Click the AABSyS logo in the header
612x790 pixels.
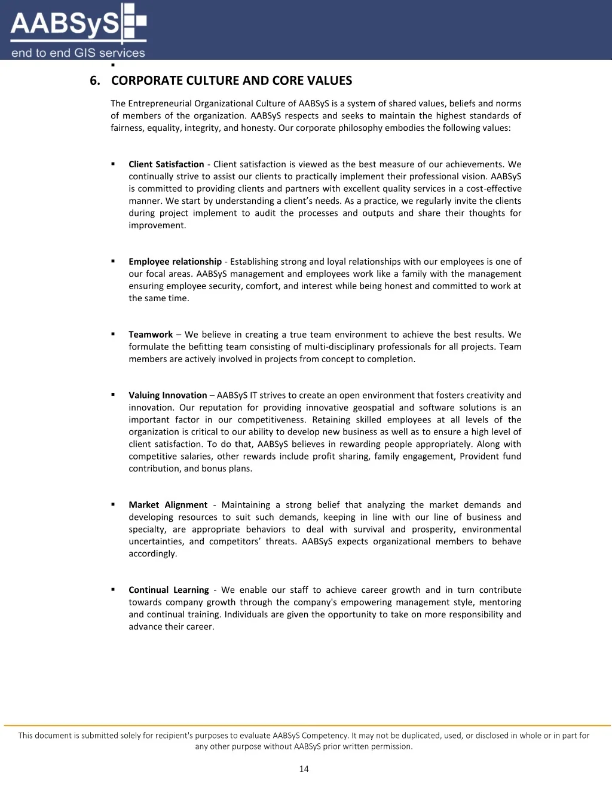tap(78, 30)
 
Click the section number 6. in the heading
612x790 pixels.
tap(95, 81)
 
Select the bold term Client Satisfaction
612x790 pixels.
tap(166, 164)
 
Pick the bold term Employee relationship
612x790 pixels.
tap(175, 262)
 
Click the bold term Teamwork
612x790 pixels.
tap(151, 335)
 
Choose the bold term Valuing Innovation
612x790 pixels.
tap(168, 395)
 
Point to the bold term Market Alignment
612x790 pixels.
tap(168, 505)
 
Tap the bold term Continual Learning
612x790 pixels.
tap(169, 590)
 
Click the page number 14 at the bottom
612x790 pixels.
tap(304, 769)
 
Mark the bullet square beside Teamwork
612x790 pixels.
tap(113, 334)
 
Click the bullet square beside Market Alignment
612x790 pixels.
tap(113, 504)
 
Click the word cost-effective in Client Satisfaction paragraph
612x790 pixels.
tap(494, 189)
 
